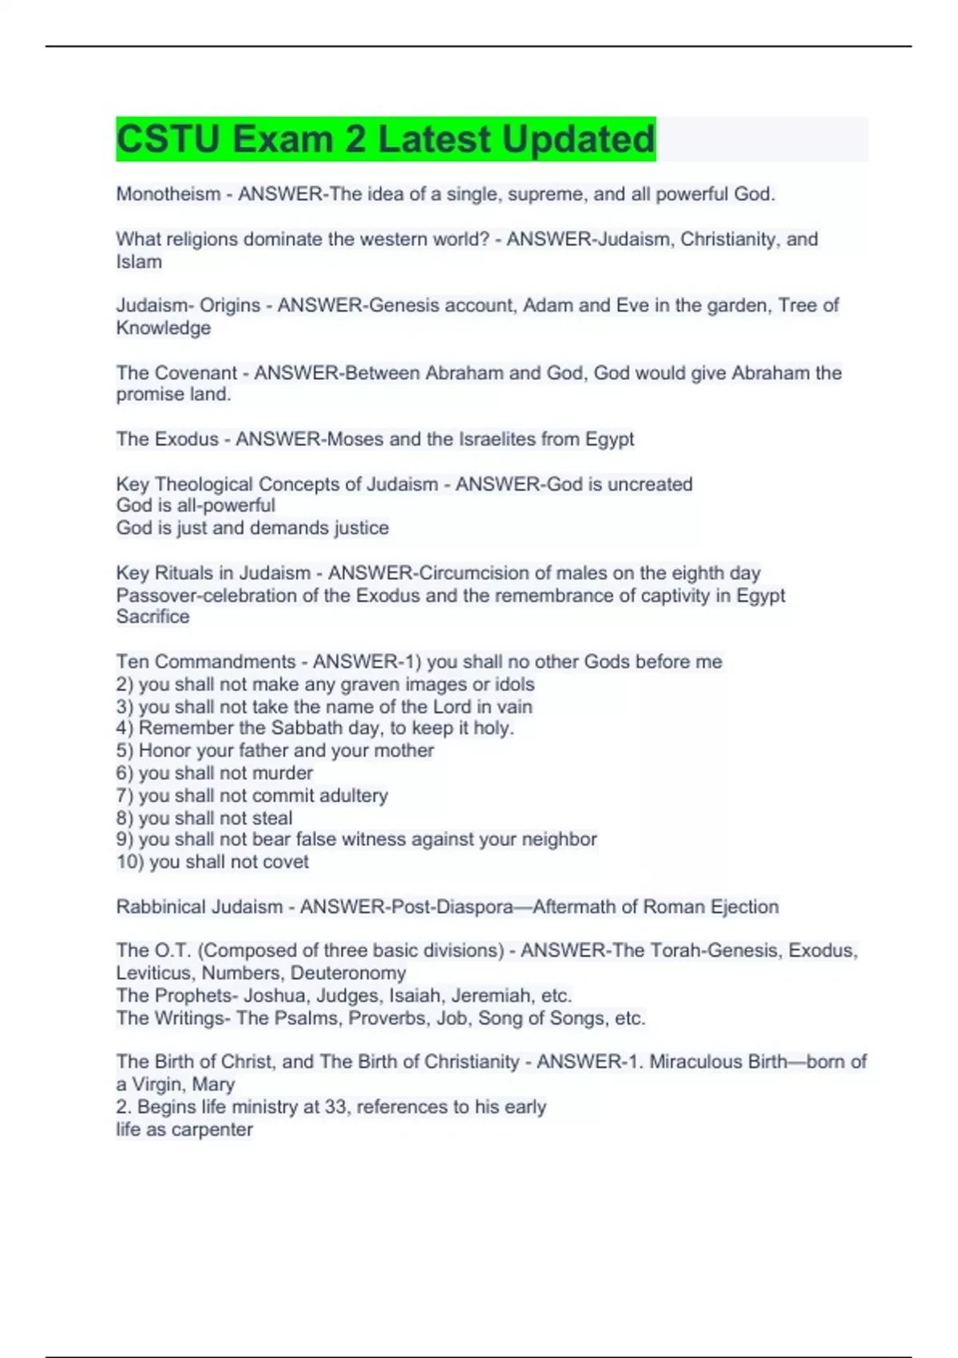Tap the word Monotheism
click(x=168, y=194)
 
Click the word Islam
click(x=139, y=262)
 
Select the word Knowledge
click(x=164, y=328)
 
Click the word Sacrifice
click(x=152, y=617)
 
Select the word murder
click(x=283, y=772)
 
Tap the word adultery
click(x=354, y=796)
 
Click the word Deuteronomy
click(x=348, y=973)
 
